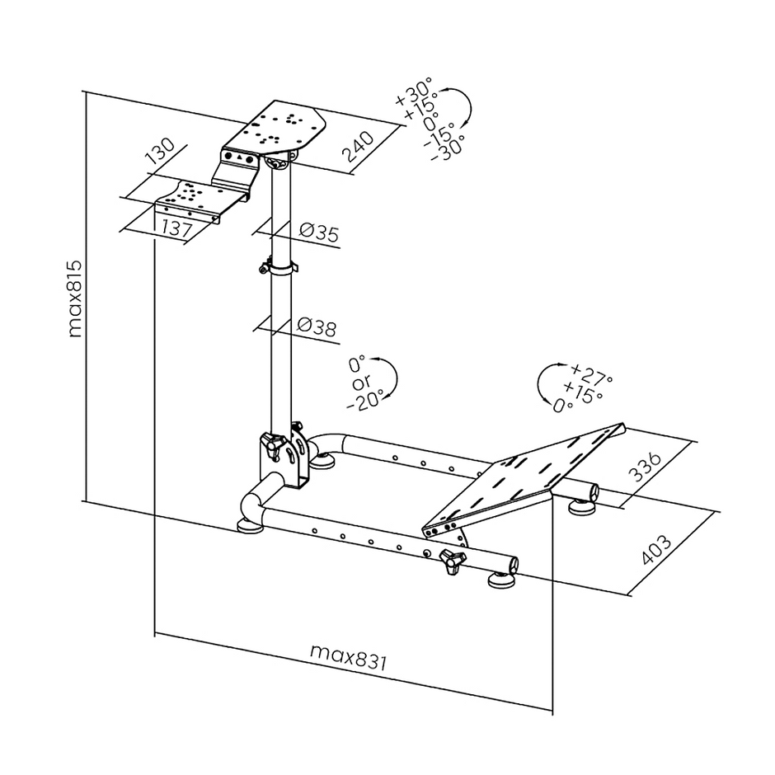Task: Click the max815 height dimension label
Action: coord(75,300)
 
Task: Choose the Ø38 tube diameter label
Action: coord(316,328)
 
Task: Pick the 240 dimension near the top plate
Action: coord(359,146)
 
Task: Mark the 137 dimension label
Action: coord(173,228)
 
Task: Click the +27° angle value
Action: coord(590,373)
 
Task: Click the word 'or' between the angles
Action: coord(360,383)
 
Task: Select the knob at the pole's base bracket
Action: coord(272,446)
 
